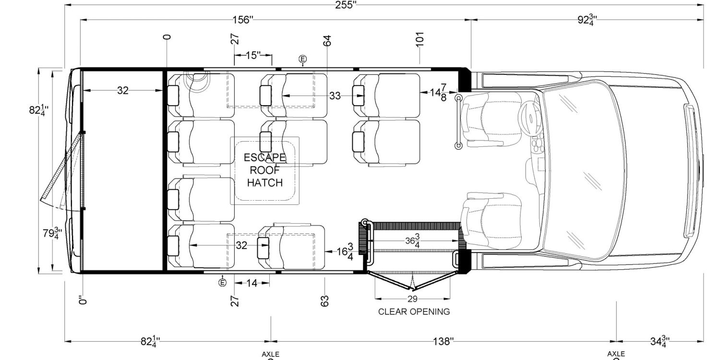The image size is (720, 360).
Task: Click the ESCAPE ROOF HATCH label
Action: click(264, 170)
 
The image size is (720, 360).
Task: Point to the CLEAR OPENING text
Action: click(414, 312)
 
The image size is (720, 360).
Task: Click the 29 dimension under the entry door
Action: click(412, 299)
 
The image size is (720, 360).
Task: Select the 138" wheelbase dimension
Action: click(442, 341)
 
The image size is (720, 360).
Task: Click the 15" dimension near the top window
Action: click(253, 55)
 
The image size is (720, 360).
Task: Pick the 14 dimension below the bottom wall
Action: click(252, 283)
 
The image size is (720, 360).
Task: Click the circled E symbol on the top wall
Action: click(302, 59)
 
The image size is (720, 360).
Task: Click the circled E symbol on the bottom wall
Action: click(222, 283)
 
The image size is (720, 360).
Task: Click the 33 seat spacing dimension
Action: click(335, 96)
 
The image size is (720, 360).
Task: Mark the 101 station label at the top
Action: click(420, 39)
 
